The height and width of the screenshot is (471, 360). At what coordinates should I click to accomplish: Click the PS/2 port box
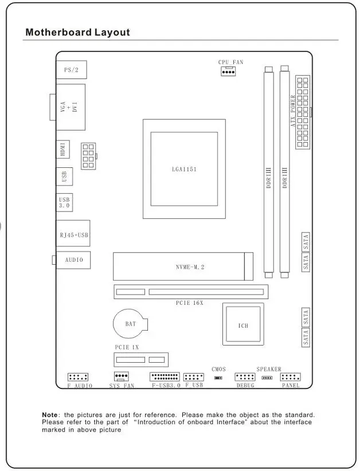point(71,69)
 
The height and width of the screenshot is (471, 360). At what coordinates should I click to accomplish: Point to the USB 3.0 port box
point(64,202)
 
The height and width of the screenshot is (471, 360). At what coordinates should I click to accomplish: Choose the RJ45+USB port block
point(73,234)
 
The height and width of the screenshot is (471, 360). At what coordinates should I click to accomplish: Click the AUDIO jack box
point(73,260)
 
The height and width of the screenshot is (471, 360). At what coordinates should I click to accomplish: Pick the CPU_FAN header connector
point(228,71)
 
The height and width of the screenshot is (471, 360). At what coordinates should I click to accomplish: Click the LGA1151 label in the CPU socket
point(184,169)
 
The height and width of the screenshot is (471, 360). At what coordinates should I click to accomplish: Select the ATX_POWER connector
point(302,112)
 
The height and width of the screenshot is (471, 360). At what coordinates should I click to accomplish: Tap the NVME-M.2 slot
point(183,267)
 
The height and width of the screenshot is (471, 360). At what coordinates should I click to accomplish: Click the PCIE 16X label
point(189,303)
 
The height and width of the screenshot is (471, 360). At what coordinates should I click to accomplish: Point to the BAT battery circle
point(131,324)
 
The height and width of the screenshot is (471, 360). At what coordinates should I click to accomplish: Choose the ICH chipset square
point(243,325)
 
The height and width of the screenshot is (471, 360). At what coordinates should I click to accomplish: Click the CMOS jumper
point(218,378)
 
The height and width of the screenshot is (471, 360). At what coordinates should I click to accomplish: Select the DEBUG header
point(245,377)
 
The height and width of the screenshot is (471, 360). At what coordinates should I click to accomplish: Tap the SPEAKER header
point(267,378)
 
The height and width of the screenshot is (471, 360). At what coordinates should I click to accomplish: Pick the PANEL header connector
point(291,377)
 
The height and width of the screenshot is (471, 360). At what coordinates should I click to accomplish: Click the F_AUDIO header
point(78,377)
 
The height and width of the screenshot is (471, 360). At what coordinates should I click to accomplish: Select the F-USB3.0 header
point(165,377)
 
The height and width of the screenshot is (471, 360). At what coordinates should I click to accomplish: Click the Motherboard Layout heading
point(77,32)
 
